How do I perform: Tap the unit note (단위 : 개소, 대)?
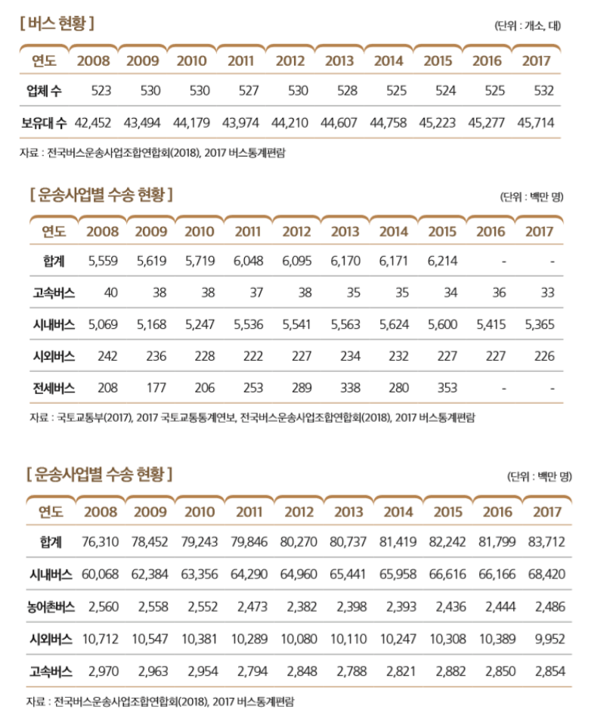(527, 26)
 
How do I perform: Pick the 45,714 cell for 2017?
(536, 122)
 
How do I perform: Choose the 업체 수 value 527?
(240, 91)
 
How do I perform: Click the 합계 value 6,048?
(248, 261)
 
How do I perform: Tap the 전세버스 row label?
(54, 388)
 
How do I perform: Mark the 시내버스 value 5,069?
(104, 324)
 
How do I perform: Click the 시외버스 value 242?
(107, 356)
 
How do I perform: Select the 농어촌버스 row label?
(50, 606)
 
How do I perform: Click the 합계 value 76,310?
(101, 542)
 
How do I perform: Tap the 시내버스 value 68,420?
(546, 574)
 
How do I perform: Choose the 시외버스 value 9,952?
(549, 639)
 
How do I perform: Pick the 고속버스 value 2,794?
(249, 671)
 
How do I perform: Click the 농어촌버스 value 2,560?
(104, 606)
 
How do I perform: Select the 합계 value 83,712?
(546, 542)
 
